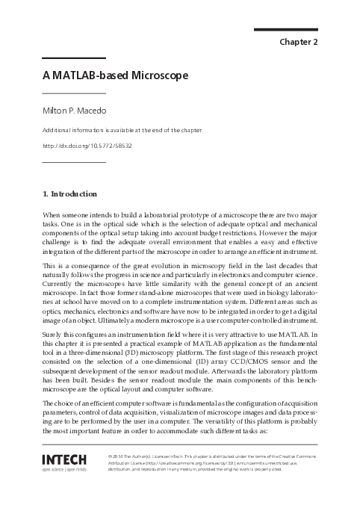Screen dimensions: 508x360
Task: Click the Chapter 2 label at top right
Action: (299, 42)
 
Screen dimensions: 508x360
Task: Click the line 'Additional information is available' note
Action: (127, 130)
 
